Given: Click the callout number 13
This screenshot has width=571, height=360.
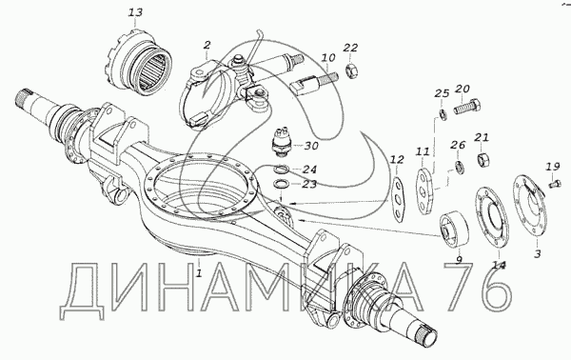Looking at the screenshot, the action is click(x=135, y=12).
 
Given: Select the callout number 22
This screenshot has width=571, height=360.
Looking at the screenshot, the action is click(x=350, y=48).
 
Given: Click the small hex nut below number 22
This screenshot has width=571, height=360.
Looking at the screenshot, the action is click(x=350, y=69).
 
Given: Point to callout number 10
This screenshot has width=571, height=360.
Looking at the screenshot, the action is click(x=328, y=57).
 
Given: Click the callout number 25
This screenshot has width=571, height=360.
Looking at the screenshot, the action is click(x=442, y=93).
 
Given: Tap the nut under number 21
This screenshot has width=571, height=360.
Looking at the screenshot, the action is click(x=482, y=159).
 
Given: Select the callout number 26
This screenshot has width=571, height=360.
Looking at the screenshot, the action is click(x=458, y=145).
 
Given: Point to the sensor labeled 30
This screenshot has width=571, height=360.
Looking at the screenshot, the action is click(x=282, y=142).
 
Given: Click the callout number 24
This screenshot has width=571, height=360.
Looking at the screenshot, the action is click(x=309, y=170).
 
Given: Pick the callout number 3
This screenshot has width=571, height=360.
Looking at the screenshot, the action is click(x=538, y=253).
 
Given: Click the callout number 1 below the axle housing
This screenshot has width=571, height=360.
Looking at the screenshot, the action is click(x=199, y=272).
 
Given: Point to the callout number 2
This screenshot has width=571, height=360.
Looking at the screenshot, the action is click(x=207, y=45).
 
